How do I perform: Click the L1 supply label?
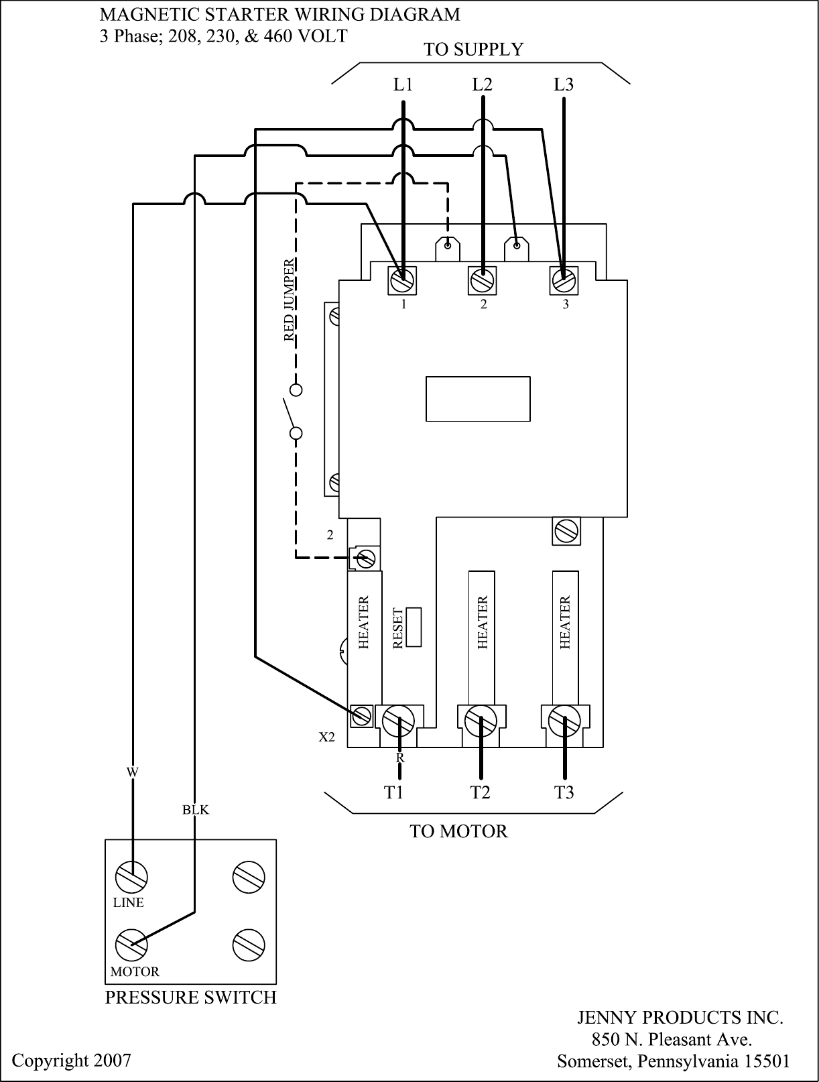(403, 85)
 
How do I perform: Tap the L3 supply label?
(563, 85)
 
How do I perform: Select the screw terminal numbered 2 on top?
(482, 280)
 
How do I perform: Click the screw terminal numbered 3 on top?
(564, 279)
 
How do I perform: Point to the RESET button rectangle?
(414, 627)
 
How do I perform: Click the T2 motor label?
(480, 792)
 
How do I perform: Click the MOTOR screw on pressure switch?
(131, 945)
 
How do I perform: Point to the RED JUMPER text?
(289, 300)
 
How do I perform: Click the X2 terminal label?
(326, 737)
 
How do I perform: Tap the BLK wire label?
(196, 810)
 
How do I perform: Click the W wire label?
(133, 772)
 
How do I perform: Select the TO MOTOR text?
(458, 832)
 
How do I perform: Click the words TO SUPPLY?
(473, 50)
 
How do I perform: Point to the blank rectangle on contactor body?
(478, 399)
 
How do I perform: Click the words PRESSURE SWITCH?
(191, 998)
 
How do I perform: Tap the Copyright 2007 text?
(72, 1061)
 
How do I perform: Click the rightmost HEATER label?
(565, 623)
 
